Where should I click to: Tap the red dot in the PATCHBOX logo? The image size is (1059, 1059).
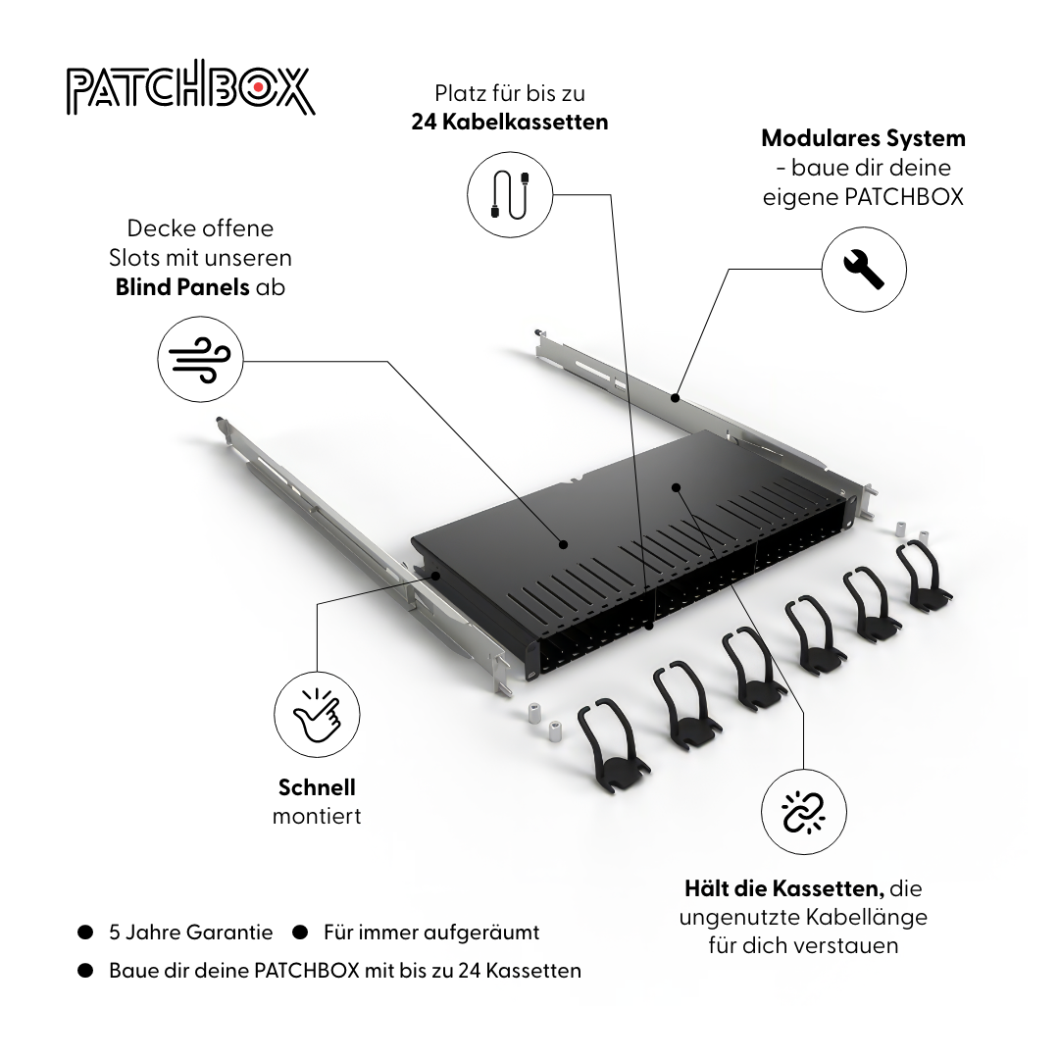pyautogui.click(x=256, y=89)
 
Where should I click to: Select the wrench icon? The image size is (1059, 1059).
pyautogui.click(x=864, y=269)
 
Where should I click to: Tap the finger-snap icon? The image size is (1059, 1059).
pyautogui.click(x=317, y=713)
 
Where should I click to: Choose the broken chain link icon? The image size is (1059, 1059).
pyautogui.click(x=804, y=811)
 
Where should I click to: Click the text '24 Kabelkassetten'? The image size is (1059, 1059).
pyautogui.click(x=509, y=122)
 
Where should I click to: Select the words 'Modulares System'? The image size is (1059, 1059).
pyautogui.click(x=863, y=138)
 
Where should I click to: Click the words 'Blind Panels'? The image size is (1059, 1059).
pyautogui.click(x=182, y=287)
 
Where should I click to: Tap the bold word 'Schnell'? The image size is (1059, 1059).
pyautogui.click(x=317, y=786)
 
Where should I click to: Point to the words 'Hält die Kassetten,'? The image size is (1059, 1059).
pyautogui.click(x=784, y=889)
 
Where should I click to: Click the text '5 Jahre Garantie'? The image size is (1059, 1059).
pyautogui.click(x=190, y=932)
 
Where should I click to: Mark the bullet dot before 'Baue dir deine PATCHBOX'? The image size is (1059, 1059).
pyautogui.click(x=85, y=971)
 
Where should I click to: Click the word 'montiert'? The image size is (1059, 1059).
pyautogui.click(x=317, y=816)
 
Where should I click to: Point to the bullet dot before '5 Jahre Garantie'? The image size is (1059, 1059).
pyautogui.click(x=85, y=932)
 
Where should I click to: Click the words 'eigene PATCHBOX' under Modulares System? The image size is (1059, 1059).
pyautogui.click(x=863, y=196)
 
